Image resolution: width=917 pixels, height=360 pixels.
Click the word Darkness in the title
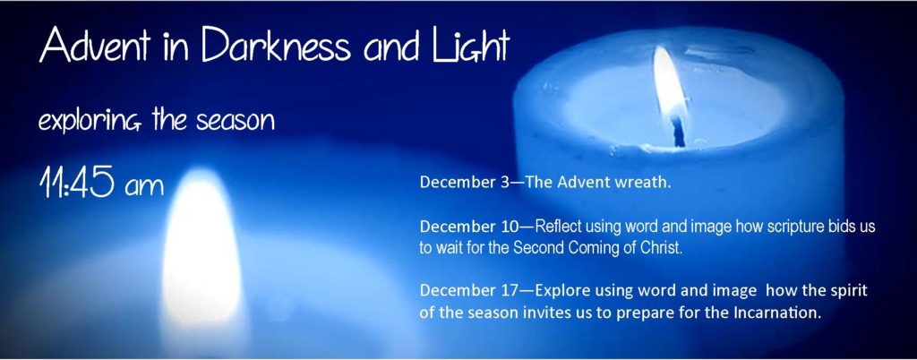tap(277, 45)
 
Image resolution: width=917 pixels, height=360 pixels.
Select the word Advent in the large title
tap(94, 45)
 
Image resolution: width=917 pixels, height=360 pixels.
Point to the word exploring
tap(93, 121)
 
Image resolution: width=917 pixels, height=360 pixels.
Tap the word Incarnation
tap(778, 312)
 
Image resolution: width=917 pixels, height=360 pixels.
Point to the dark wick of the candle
tap(679, 131)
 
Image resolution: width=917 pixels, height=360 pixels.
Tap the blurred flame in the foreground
tap(201, 252)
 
